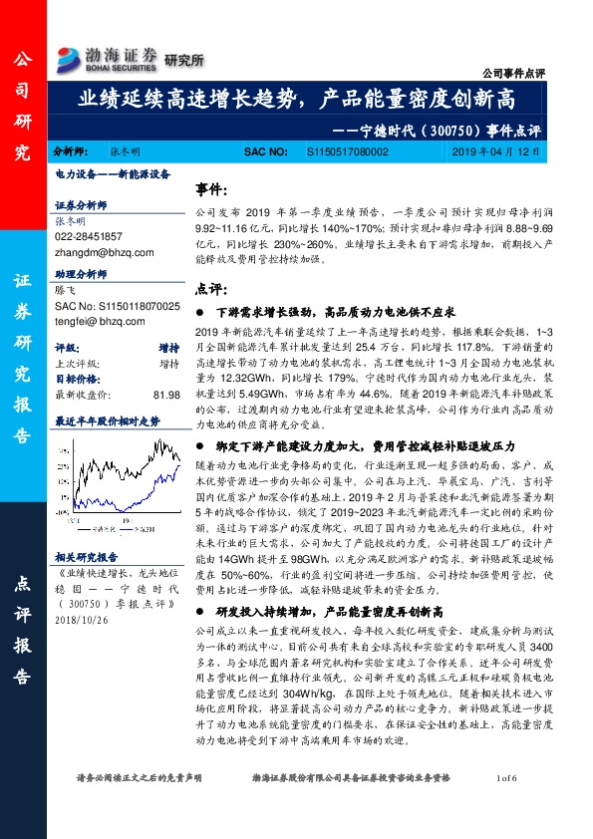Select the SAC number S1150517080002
pos(344,153)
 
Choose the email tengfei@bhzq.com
pos(94,322)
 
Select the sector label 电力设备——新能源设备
pos(105,173)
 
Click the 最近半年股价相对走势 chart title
pos(107,421)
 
